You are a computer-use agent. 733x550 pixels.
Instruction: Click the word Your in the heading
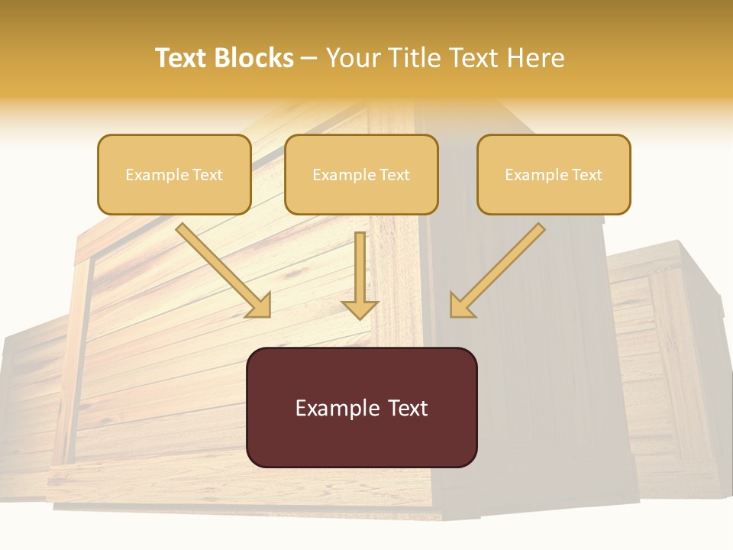[353, 58]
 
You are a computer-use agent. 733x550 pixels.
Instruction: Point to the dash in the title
[309, 59]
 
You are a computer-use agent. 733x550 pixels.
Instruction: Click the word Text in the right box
[587, 175]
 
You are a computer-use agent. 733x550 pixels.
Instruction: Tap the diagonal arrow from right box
[500, 267]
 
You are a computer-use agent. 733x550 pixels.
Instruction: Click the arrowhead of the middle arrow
[360, 309]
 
